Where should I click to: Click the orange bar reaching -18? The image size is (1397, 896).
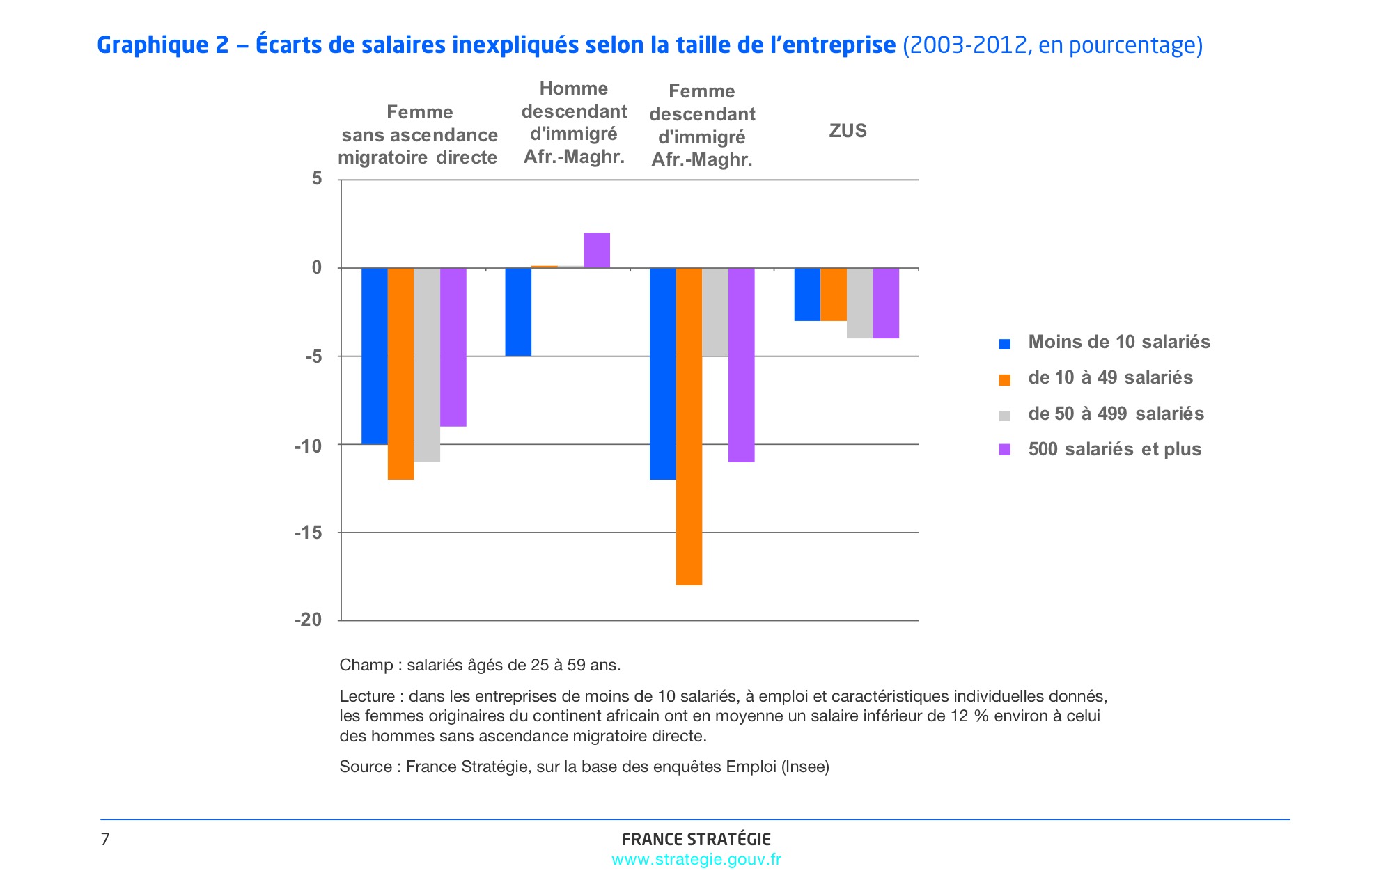point(689,426)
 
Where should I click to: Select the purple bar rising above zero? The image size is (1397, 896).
point(597,250)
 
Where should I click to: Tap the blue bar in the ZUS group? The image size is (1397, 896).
point(807,294)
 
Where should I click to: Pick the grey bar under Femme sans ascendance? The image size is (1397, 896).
point(427,365)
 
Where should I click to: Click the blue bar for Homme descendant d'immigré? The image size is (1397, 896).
point(518,312)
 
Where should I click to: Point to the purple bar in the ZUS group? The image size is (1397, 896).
point(886,303)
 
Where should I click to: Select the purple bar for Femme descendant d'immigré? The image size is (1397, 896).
point(742,365)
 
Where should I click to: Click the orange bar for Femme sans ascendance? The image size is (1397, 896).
point(400,374)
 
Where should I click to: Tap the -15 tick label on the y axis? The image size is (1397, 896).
point(309,533)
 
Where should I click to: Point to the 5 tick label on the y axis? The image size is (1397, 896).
point(318,180)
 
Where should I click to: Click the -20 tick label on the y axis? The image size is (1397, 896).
point(309,620)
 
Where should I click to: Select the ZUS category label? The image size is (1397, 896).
point(848,131)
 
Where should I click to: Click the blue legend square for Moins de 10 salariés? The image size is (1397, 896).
point(1004,343)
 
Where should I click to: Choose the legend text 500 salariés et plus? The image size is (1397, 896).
point(1114,450)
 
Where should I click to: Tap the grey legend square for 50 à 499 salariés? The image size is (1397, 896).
point(1004,416)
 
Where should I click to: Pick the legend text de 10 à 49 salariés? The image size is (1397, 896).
point(1110,378)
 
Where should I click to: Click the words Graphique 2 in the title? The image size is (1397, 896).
point(163,45)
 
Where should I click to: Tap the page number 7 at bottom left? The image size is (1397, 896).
point(105,840)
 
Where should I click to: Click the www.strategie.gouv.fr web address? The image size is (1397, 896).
point(696,860)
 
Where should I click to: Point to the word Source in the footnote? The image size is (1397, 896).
point(365,767)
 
